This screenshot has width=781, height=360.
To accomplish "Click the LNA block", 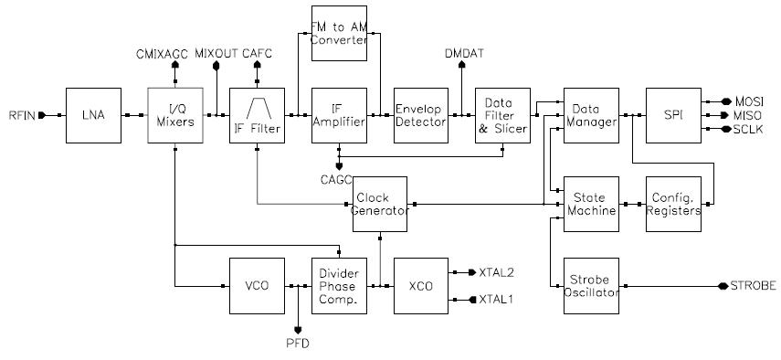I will (94, 115).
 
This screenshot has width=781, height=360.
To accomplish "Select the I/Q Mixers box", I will (174, 115).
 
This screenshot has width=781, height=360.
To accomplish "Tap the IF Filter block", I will (256, 115).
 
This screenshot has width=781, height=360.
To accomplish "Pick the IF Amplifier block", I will (339, 115).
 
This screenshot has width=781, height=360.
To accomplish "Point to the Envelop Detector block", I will (420, 115).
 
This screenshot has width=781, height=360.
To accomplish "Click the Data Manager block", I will (591, 115).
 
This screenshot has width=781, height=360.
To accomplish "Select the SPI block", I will (673, 115).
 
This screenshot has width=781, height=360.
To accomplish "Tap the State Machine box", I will (591, 204).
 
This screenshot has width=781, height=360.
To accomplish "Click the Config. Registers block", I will (673, 204).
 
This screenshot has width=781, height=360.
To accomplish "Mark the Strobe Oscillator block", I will (591, 286).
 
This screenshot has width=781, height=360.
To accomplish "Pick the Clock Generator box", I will (380, 204).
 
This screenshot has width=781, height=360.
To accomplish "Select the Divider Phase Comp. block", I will (339, 286).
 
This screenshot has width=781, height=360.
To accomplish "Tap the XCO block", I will (420, 286).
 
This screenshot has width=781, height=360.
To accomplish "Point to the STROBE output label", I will (754, 286).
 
